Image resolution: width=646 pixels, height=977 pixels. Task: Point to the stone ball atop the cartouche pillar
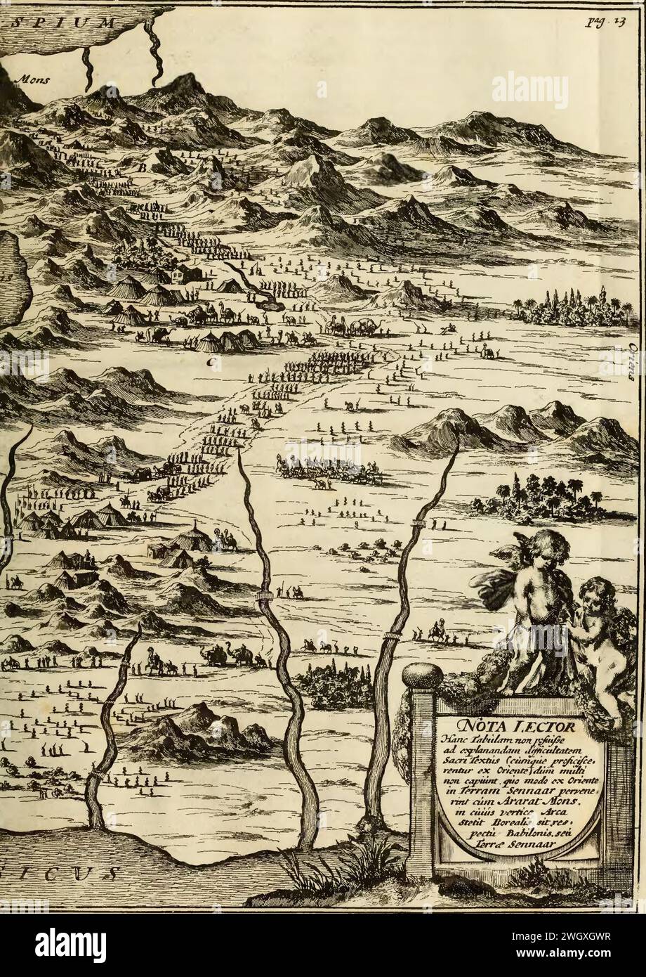(x=422, y=676)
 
